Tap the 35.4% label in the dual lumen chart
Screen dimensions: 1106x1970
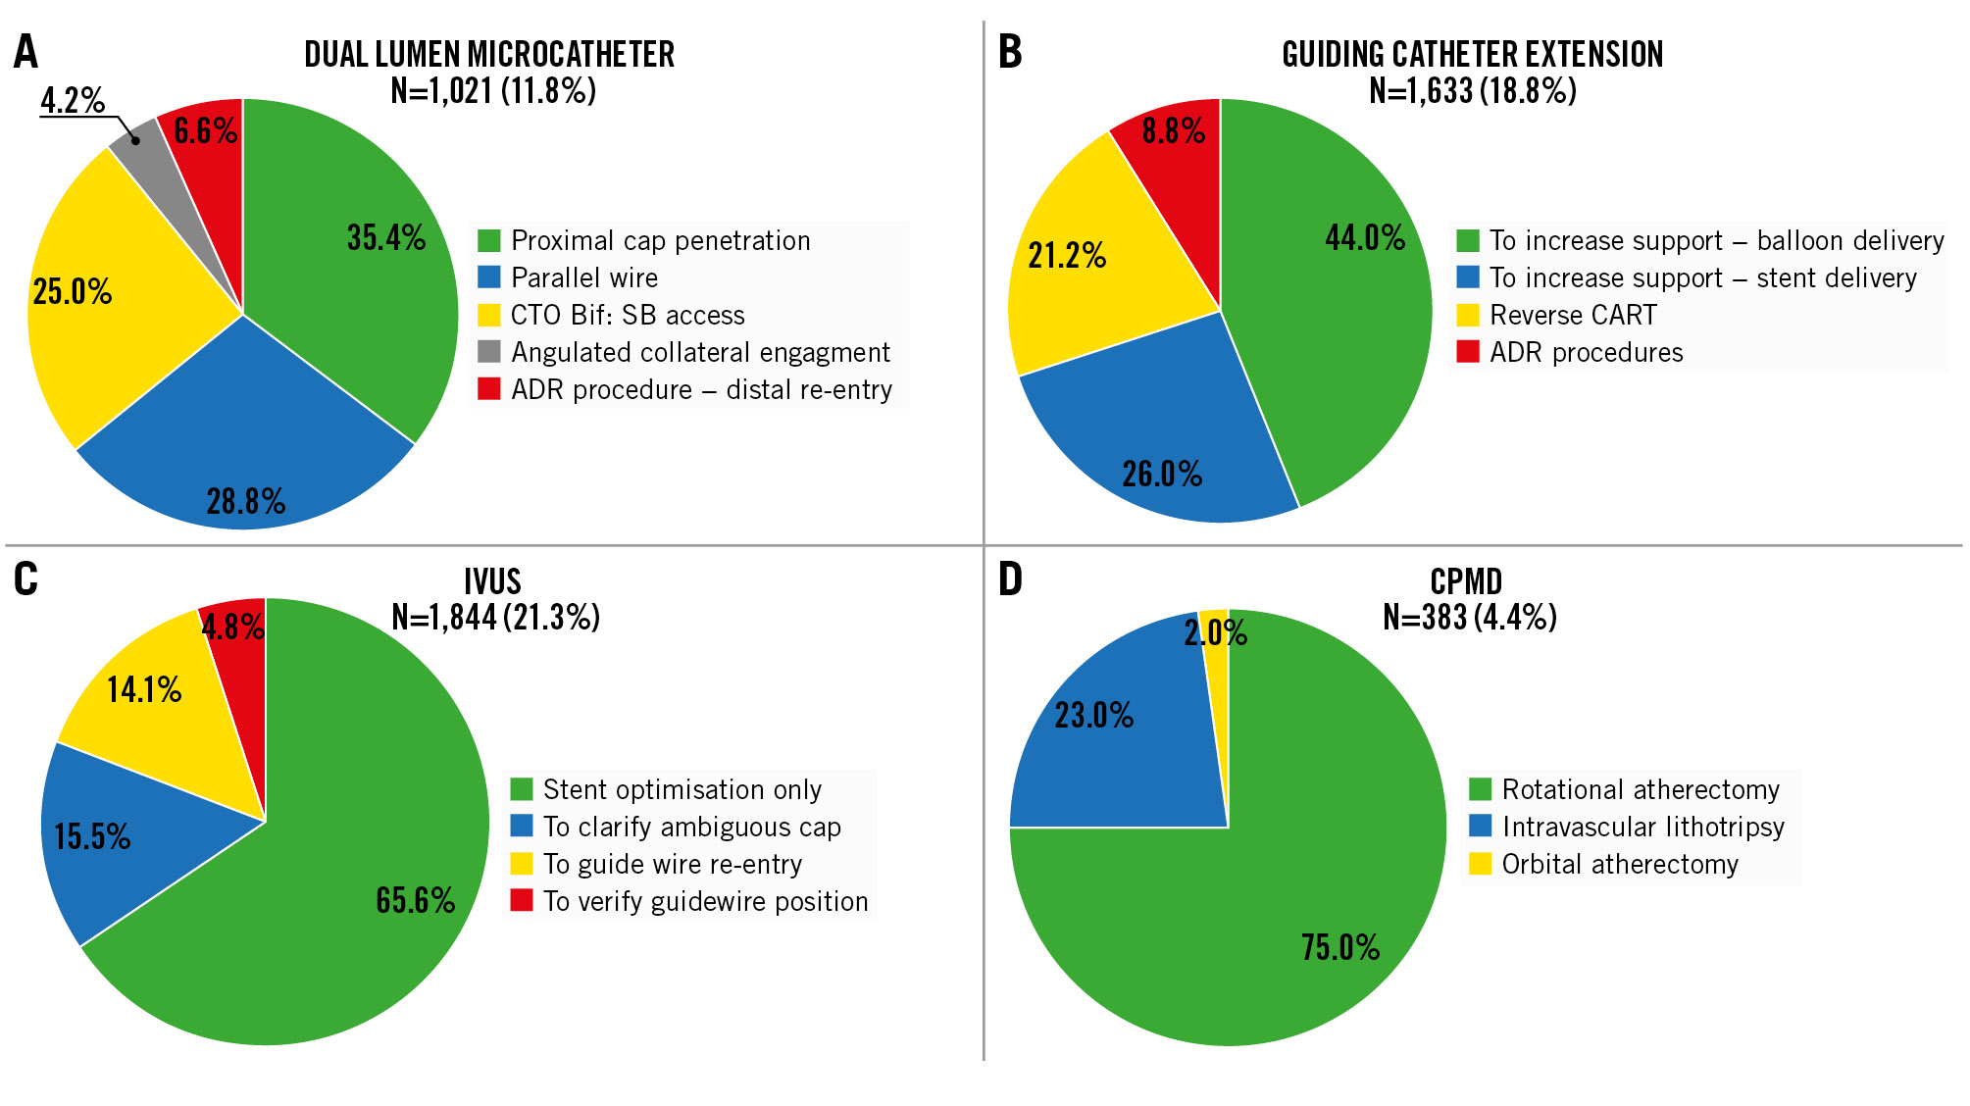[x=386, y=238]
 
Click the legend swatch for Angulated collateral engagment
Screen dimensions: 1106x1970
[x=489, y=352]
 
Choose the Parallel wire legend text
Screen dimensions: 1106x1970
[x=584, y=278]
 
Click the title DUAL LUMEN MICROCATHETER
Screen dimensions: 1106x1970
[x=489, y=54]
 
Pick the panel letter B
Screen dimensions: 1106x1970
[x=1010, y=52]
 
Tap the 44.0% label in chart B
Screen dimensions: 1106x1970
[x=1365, y=238]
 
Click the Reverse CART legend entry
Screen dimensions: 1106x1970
[x=1573, y=316]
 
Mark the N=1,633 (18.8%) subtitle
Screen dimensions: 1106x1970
[x=1473, y=91]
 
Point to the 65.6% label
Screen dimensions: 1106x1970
[x=415, y=901]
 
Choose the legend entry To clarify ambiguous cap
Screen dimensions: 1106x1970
[x=692, y=828]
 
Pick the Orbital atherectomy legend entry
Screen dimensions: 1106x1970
[x=1620, y=865]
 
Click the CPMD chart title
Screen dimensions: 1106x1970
[x=1466, y=581]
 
